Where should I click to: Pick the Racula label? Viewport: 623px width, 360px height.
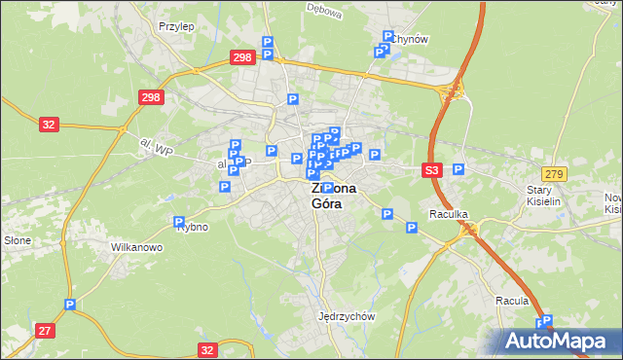(x=511, y=301)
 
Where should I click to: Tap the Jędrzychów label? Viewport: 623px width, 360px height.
(x=347, y=317)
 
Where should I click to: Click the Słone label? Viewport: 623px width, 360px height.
(x=18, y=240)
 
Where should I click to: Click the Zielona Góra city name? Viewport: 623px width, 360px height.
(x=333, y=196)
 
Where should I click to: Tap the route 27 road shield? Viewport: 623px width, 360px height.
(x=45, y=331)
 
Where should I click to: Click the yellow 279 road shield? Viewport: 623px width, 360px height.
(x=554, y=173)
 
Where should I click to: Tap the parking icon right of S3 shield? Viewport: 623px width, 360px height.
(x=458, y=169)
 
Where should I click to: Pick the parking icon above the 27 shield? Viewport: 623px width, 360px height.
(x=69, y=306)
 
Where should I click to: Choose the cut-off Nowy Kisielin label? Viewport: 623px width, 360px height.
(x=612, y=203)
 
